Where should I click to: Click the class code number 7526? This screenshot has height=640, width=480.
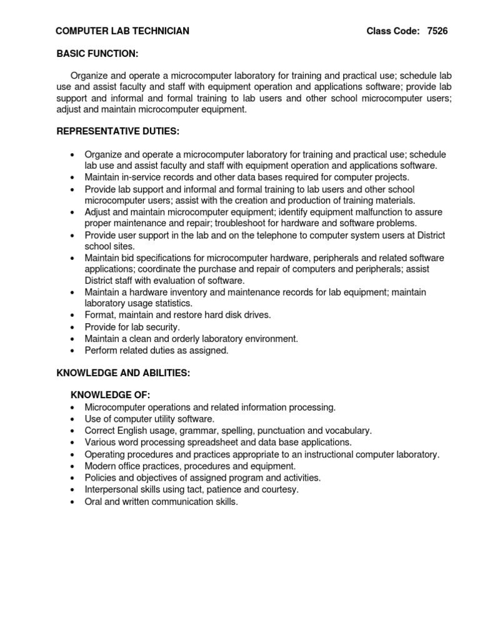click(437, 31)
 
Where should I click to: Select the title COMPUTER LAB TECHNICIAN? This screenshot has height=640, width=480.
click(122, 31)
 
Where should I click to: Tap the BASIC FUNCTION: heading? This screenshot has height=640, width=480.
click(97, 54)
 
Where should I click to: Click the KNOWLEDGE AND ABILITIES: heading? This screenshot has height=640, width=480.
click(123, 372)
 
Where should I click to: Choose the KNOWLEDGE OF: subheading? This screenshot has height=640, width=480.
click(111, 395)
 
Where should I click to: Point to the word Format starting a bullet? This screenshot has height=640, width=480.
click(99, 315)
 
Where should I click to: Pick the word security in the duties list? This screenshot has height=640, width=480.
click(162, 327)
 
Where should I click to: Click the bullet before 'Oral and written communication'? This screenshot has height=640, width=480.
click(72, 502)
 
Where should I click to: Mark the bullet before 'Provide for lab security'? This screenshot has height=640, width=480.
click(72, 327)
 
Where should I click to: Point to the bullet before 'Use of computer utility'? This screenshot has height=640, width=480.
click(72, 419)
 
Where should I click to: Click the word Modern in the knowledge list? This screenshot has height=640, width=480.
click(100, 466)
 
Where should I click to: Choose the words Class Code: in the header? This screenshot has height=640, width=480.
click(393, 31)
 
